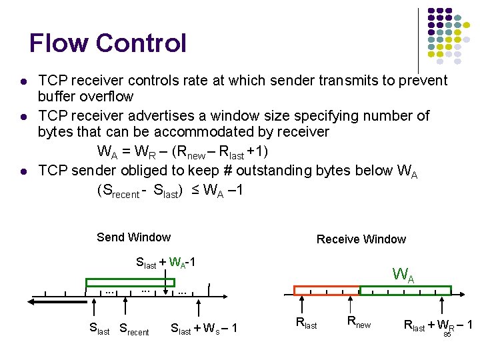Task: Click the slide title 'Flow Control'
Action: point(108,44)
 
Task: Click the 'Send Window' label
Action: point(133,237)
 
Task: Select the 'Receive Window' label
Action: point(361,239)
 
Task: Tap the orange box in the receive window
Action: point(327,290)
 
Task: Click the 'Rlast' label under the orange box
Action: point(306,325)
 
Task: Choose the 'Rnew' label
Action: point(359,323)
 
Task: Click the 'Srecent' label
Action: point(134,329)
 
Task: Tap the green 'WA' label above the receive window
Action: point(403,274)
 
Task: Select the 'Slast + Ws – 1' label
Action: point(204,329)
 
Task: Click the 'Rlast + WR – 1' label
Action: point(438,325)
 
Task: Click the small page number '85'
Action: point(447,334)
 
